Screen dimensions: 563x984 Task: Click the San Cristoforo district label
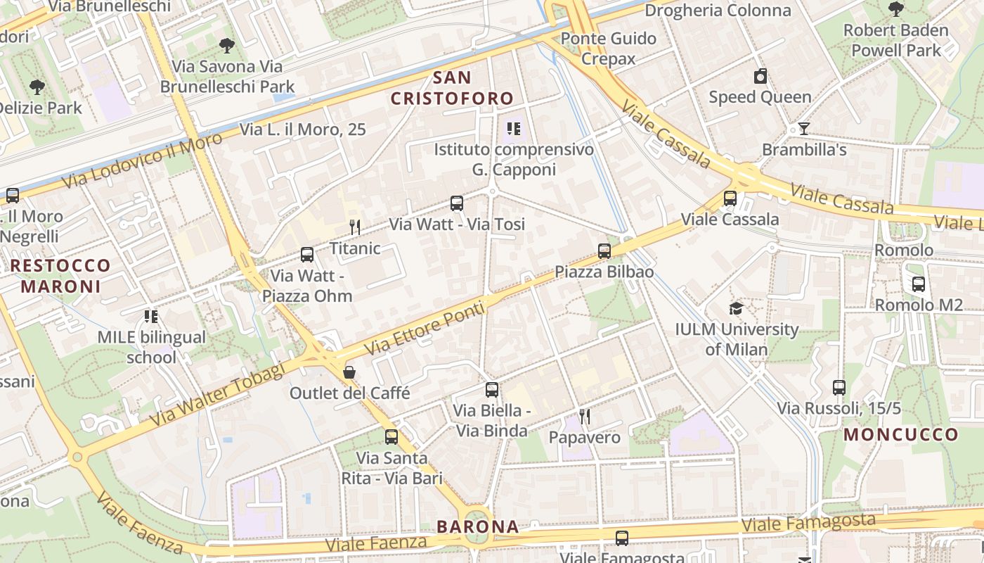point(452,88)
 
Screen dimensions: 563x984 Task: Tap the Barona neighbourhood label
point(477,526)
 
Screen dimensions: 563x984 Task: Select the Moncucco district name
point(901,434)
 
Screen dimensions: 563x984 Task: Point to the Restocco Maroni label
point(60,276)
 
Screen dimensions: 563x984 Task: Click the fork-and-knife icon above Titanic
point(355,227)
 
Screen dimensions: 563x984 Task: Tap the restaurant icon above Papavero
point(584,417)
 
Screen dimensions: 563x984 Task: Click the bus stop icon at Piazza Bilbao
point(604,251)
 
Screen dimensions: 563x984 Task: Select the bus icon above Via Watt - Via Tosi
point(457,204)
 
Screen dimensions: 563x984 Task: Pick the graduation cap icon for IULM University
point(736,308)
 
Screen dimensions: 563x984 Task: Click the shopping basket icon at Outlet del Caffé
point(349,372)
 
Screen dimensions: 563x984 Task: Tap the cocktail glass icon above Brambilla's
point(803,129)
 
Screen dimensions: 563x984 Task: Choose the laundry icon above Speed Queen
point(760,76)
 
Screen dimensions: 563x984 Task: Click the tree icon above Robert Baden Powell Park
point(895,9)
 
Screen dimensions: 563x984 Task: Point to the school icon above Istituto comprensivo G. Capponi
point(514,129)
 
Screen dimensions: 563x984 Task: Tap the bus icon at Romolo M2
point(918,284)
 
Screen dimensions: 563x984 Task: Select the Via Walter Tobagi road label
point(217,394)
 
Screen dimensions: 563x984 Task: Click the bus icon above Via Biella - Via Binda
point(491,390)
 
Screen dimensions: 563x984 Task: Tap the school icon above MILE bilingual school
point(151,317)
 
